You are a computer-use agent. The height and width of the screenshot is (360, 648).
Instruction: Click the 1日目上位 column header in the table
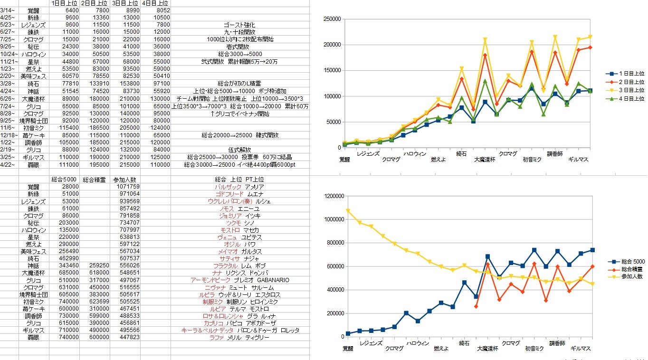(x=64, y=3)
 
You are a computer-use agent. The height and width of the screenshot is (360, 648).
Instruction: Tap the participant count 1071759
(x=126, y=187)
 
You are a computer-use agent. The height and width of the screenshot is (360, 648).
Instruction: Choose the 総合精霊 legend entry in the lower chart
(x=626, y=269)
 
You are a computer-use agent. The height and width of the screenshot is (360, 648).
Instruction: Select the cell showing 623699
(x=95, y=301)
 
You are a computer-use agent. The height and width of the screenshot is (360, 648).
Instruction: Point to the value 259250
(x=95, y=265)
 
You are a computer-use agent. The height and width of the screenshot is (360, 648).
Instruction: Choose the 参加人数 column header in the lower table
(x=125, y=180)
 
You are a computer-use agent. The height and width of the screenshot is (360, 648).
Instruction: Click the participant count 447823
(x=126, y=337)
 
